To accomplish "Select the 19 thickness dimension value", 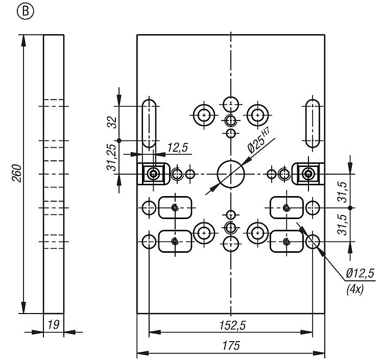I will [x=53, y=323].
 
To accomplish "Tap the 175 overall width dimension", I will [x=231, y=346].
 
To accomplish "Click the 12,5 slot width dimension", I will [x=177, y=148].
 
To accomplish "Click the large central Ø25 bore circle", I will [x=231, y=174].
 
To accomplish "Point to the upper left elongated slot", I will [x=149, y=123].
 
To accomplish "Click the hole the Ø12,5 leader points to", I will [x=313, y=242].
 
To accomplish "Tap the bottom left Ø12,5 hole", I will [x=149, y=242].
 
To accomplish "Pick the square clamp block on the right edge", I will [x=307, y=174].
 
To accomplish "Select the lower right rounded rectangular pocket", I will [x=286, y=241].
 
